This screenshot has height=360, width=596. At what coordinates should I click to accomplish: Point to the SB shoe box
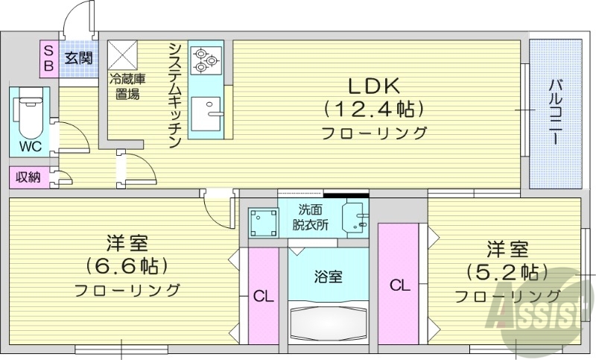(x=48, y=58)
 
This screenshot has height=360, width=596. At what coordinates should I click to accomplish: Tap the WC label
(x=31, y=146)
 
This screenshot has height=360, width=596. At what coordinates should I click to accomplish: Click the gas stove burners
(x=205, y=60)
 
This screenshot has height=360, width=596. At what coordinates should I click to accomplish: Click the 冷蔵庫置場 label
(x=126, y=85)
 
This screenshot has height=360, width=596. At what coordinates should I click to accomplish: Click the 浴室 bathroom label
(x=329, y=277)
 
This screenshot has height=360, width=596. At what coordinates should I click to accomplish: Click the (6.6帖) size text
(x=127, y=266)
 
